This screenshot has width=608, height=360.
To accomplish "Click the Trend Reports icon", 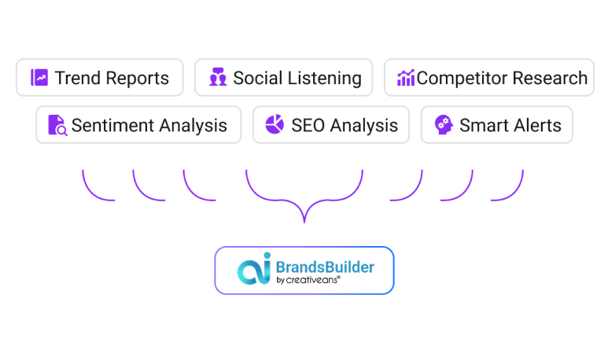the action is [x=39, y=78].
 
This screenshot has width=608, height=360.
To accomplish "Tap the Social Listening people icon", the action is [x=218, y=77].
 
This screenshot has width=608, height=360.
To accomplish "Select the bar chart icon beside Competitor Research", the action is [x=406, y=78].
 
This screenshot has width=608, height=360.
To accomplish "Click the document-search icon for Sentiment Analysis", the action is [x=57, y=125].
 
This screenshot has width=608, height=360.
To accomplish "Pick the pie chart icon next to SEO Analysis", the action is [x=275, y=124].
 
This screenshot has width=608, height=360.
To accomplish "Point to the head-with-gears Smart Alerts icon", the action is [x=444, y=125].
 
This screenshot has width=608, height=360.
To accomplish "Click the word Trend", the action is [x=78, y=78].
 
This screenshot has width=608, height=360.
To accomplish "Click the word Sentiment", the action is [x=112, y=126].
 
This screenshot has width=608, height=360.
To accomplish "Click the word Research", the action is [x=551, y=78].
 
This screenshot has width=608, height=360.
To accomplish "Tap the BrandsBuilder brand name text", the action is [x=325, y=267].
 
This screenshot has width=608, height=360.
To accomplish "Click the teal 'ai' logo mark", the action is [x=254, y=269].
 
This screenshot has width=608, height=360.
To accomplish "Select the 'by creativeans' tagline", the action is [x=308, y=280].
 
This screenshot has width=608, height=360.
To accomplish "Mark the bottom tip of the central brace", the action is [x=304, y=222].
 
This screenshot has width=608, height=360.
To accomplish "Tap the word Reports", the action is [x=138, y=79].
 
